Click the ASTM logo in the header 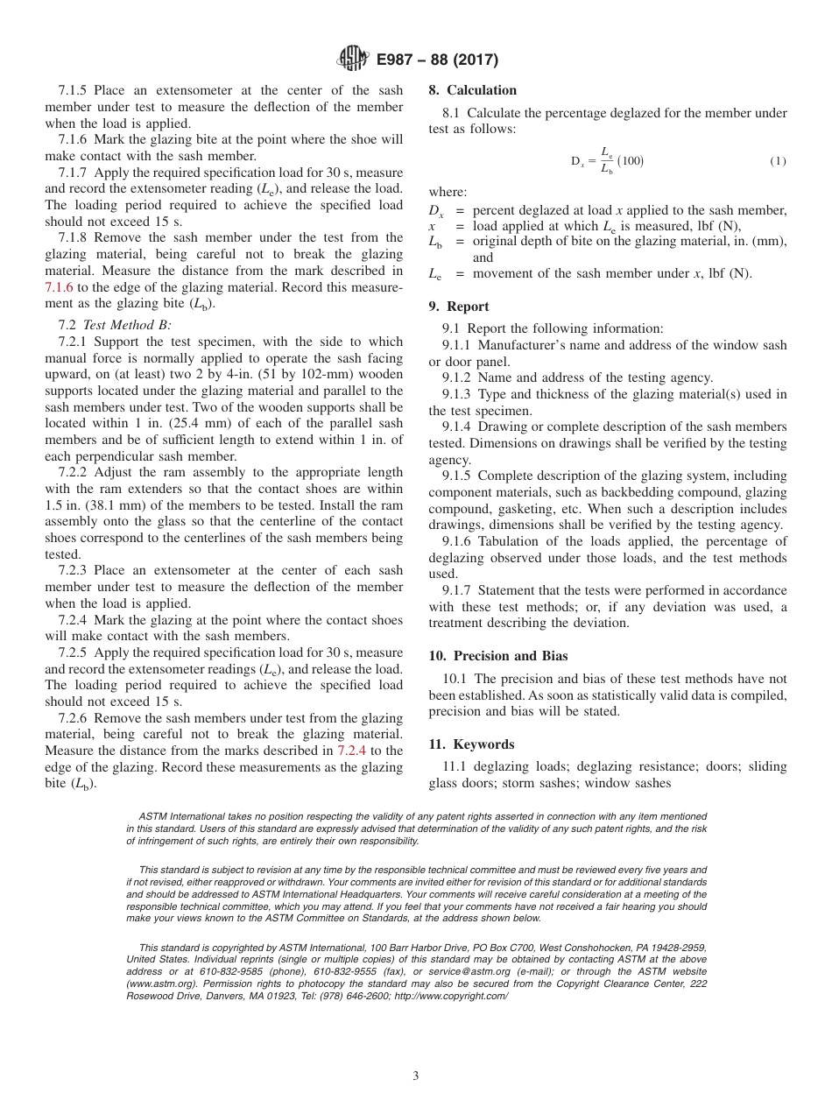pyautogui.click(x=353, y=60)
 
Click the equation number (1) pyautogui.click(x=778, y=161)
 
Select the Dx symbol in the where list pyautogui.click(x=436, y=210)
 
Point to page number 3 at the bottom pyautogui.click(x=416, y=1076)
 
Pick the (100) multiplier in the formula pyautogui.click(x=631, y=161)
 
